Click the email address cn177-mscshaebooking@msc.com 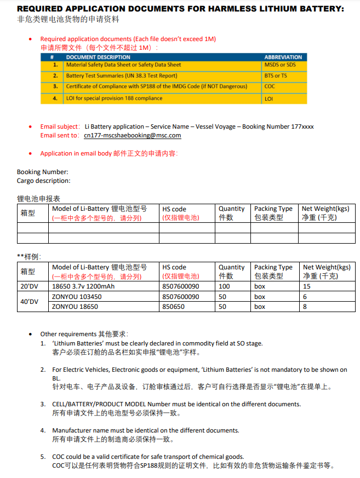(132, 135)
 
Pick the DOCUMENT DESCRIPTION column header (98, 57)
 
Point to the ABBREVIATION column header (283, 57)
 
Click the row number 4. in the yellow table (55, 99)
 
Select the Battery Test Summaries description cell (122, 76)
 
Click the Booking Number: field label (43, 172)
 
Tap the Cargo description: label (44, 181)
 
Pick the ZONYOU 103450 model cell (76, 297)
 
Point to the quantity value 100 (224, 286)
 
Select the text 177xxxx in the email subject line (302, 126)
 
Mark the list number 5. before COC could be (43, 457)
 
